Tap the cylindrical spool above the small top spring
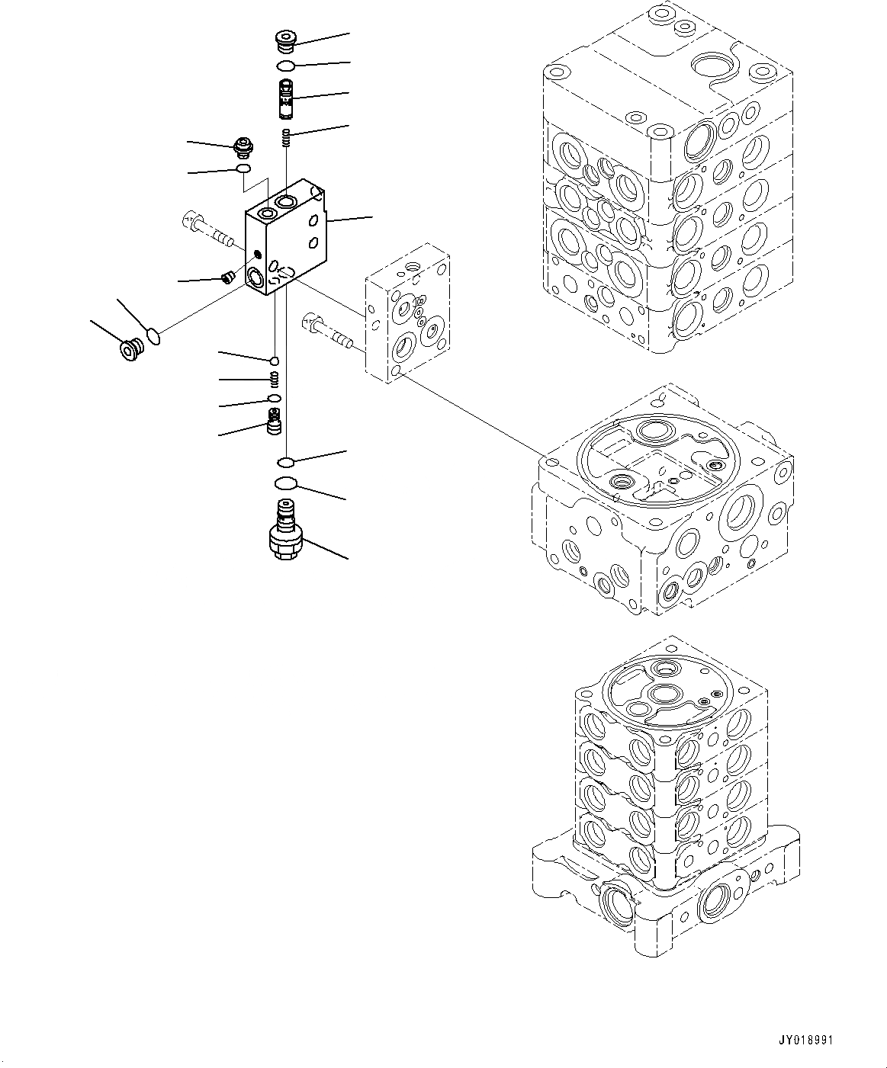(x=286, y=98)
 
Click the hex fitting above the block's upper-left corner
(x=244, y=146)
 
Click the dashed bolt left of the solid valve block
(x=207, y=229)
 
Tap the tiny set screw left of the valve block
(x=226, y=277)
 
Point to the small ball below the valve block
(x=275, y=360)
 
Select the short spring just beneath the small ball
(x=275, y=379)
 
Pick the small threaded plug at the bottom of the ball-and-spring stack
(x=274, y=422)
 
